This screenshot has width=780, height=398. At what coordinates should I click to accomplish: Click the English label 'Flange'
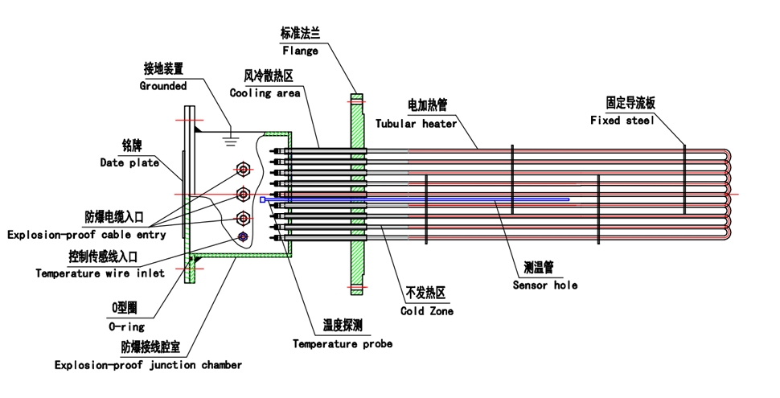pyautogui.click(x=299, y=51)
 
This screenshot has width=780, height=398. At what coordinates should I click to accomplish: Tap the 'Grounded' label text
pyautogui.click(x=163, y=85)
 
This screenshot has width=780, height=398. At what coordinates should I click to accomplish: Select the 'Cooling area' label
pyautogui.click(x=265, y=93)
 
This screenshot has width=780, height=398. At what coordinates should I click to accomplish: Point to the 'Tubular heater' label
pyautogui.click(x=416, y=124)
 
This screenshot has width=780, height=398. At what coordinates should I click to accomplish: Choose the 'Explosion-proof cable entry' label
pyautogui.click(x=87, y=235)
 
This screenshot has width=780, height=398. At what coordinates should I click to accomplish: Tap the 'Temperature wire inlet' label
pyautogui.click(x=100, y=273)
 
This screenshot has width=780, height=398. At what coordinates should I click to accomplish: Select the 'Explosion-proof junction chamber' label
pyautogui.click(x=148, y=364)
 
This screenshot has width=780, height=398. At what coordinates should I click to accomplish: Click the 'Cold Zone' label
pyautogui.click(x=426, y=311)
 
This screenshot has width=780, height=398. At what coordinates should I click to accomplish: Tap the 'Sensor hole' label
pyautogui.click(x=545, y=285)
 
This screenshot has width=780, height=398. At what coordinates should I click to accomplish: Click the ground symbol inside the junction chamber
pyautogui.click(x=230, y=137)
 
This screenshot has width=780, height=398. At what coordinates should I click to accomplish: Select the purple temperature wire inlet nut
pyautogui.click(x=243, y=237)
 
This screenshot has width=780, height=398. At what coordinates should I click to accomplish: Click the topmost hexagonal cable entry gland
pyautogui.click(x=243, y=169)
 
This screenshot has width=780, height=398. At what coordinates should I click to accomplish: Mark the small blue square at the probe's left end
pyautogui.click(x=262, y=199)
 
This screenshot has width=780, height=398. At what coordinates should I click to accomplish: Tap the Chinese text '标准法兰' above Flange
pyautogui.click(x=299, y=34)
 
